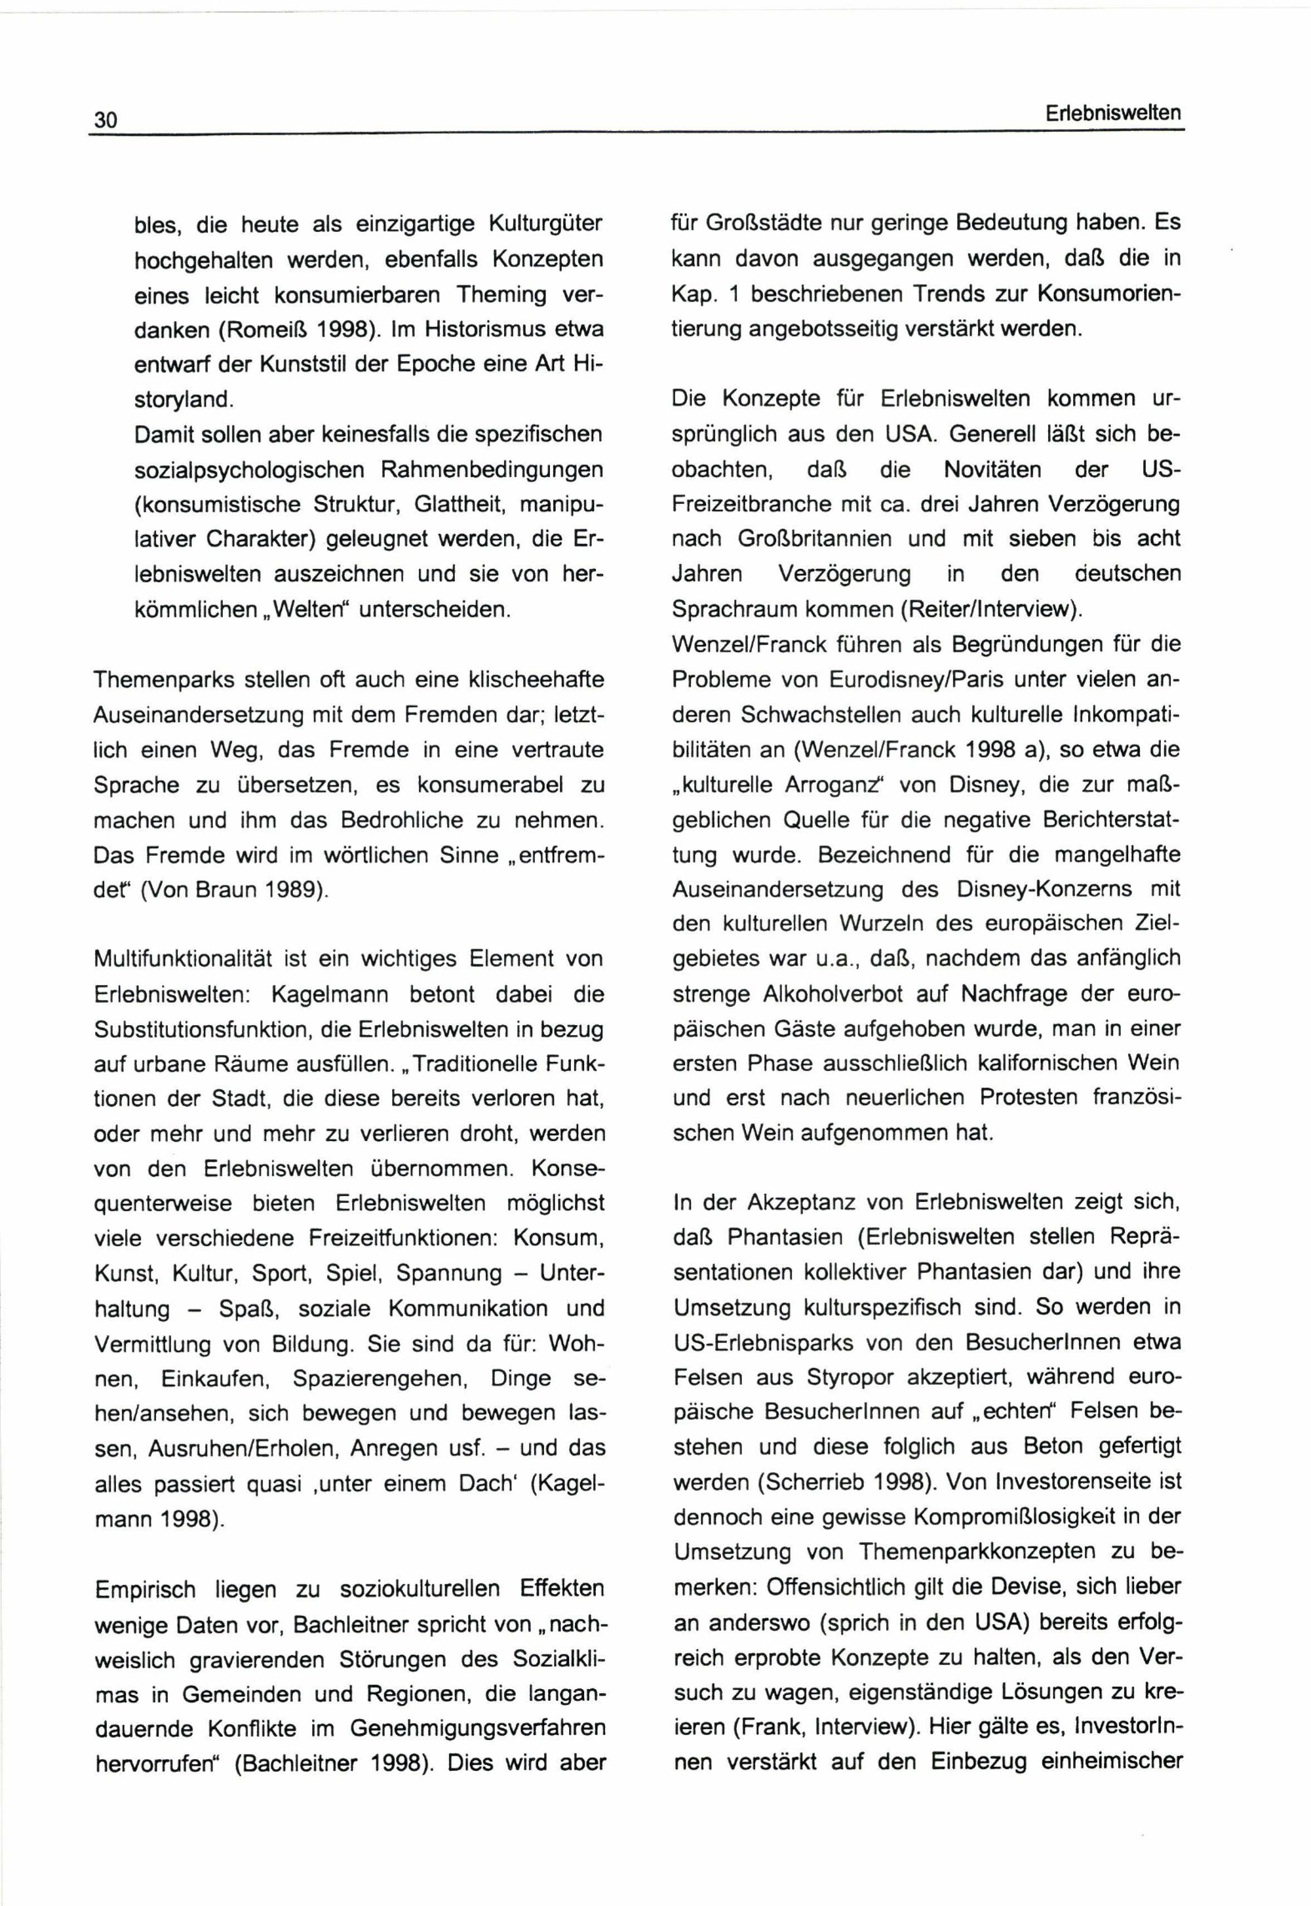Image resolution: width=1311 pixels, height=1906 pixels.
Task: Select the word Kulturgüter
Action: (546, 224)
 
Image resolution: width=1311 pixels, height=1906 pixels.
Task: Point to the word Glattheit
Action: (463, 503)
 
